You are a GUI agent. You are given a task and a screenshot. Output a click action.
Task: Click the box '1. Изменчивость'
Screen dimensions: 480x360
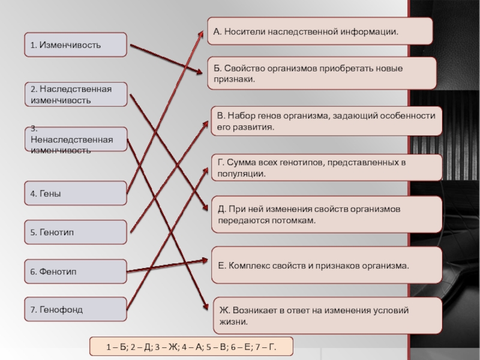(x=76, y=45)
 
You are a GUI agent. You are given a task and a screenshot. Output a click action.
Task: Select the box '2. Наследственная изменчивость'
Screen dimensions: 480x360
(x=76, y=95)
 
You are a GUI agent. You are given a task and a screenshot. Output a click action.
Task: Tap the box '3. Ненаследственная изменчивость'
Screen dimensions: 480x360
(x=76, y=139)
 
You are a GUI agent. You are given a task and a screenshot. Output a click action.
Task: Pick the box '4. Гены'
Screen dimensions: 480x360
(x=76, y=193)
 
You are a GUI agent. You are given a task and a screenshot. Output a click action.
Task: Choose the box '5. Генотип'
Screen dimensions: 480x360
(x=76, y=232)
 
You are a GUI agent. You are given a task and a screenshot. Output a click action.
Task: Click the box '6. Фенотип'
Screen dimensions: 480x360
(x=76, y=272)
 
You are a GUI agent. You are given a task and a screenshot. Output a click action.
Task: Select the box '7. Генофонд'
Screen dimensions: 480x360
(x=76, y=310)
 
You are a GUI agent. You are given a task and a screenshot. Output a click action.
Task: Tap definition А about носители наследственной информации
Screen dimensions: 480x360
(x=320, y=31)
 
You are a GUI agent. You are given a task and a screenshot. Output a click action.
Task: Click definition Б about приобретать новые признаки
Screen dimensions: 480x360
(x=322, y=73)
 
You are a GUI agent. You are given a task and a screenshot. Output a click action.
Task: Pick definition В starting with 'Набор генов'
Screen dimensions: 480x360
(x=327, y=121)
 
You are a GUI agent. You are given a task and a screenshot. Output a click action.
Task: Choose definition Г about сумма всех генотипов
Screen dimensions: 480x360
(x=327, y=167)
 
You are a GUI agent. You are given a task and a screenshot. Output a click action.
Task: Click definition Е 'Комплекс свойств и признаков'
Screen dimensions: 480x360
(x=327, y=264)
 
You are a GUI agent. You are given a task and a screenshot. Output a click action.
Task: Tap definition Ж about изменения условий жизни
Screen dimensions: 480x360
(x=331, y=316)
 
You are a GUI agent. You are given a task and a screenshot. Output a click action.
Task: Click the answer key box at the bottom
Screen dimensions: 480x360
(x=191, y=347)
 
